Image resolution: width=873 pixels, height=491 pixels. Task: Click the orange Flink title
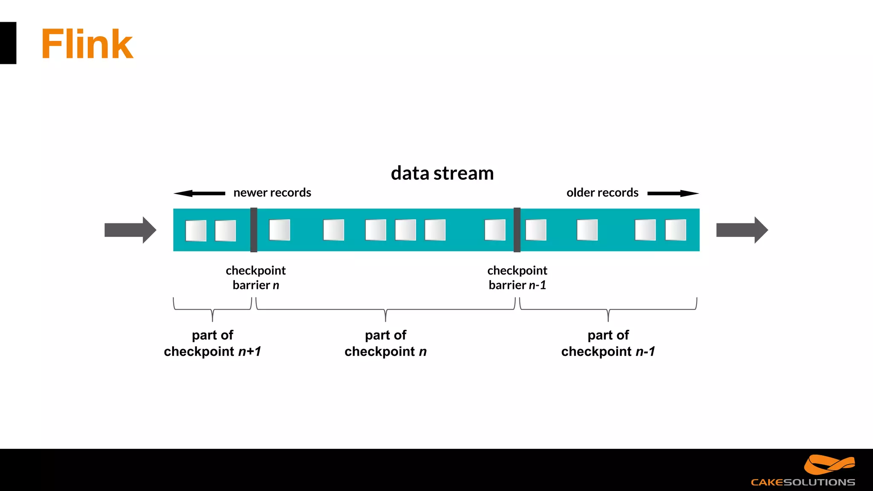coord(87,44)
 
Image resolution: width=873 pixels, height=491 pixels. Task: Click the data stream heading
coord(442,173)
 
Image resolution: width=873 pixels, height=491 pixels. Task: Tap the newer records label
coord(272,193)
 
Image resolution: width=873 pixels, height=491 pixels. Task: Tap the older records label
coord(602,193)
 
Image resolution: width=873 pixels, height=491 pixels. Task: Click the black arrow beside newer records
coord(199,194)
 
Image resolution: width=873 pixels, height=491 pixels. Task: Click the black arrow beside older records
coord(673,194)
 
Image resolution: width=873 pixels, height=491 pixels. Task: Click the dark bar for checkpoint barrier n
coord(254,230)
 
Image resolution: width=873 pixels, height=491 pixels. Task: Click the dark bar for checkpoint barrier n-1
coord(517,230)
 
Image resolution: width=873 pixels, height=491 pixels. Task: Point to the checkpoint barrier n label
coord(256,277)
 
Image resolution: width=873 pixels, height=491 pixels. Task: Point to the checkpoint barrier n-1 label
coord(517,277)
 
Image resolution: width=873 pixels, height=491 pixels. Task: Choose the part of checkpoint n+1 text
coord(212,343)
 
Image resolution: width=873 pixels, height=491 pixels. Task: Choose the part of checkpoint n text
coord(385,343)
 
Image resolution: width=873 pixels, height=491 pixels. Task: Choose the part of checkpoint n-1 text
coord(608,343)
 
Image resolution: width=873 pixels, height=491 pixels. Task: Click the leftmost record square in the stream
coord(196,231)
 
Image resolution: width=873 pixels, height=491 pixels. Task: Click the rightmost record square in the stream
coord(676,230)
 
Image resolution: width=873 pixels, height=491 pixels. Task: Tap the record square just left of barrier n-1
coord(495,230)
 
